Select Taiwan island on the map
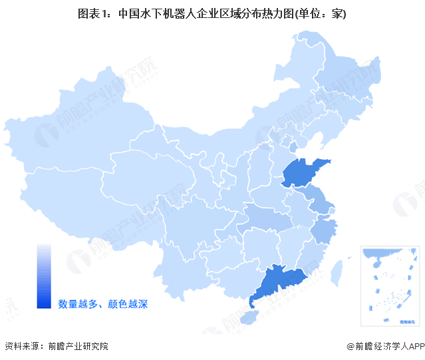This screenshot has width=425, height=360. tap(337, 269)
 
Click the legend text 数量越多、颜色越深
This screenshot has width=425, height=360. tap(102, 304)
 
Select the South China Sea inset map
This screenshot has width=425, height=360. tap(389, 286)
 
